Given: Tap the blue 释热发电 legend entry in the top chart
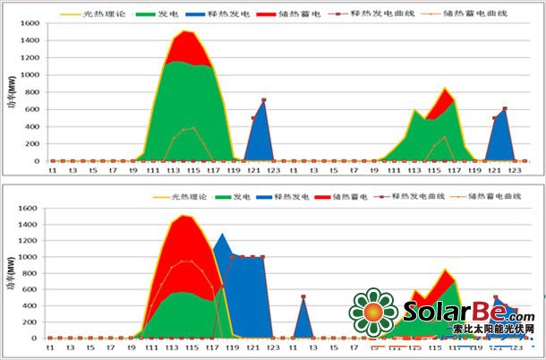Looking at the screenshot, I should pos(232,15).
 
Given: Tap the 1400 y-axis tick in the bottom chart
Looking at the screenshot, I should pos(28,225).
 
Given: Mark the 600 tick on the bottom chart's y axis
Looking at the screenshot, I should pos(30,289).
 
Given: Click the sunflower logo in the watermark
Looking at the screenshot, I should pos(373,313).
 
